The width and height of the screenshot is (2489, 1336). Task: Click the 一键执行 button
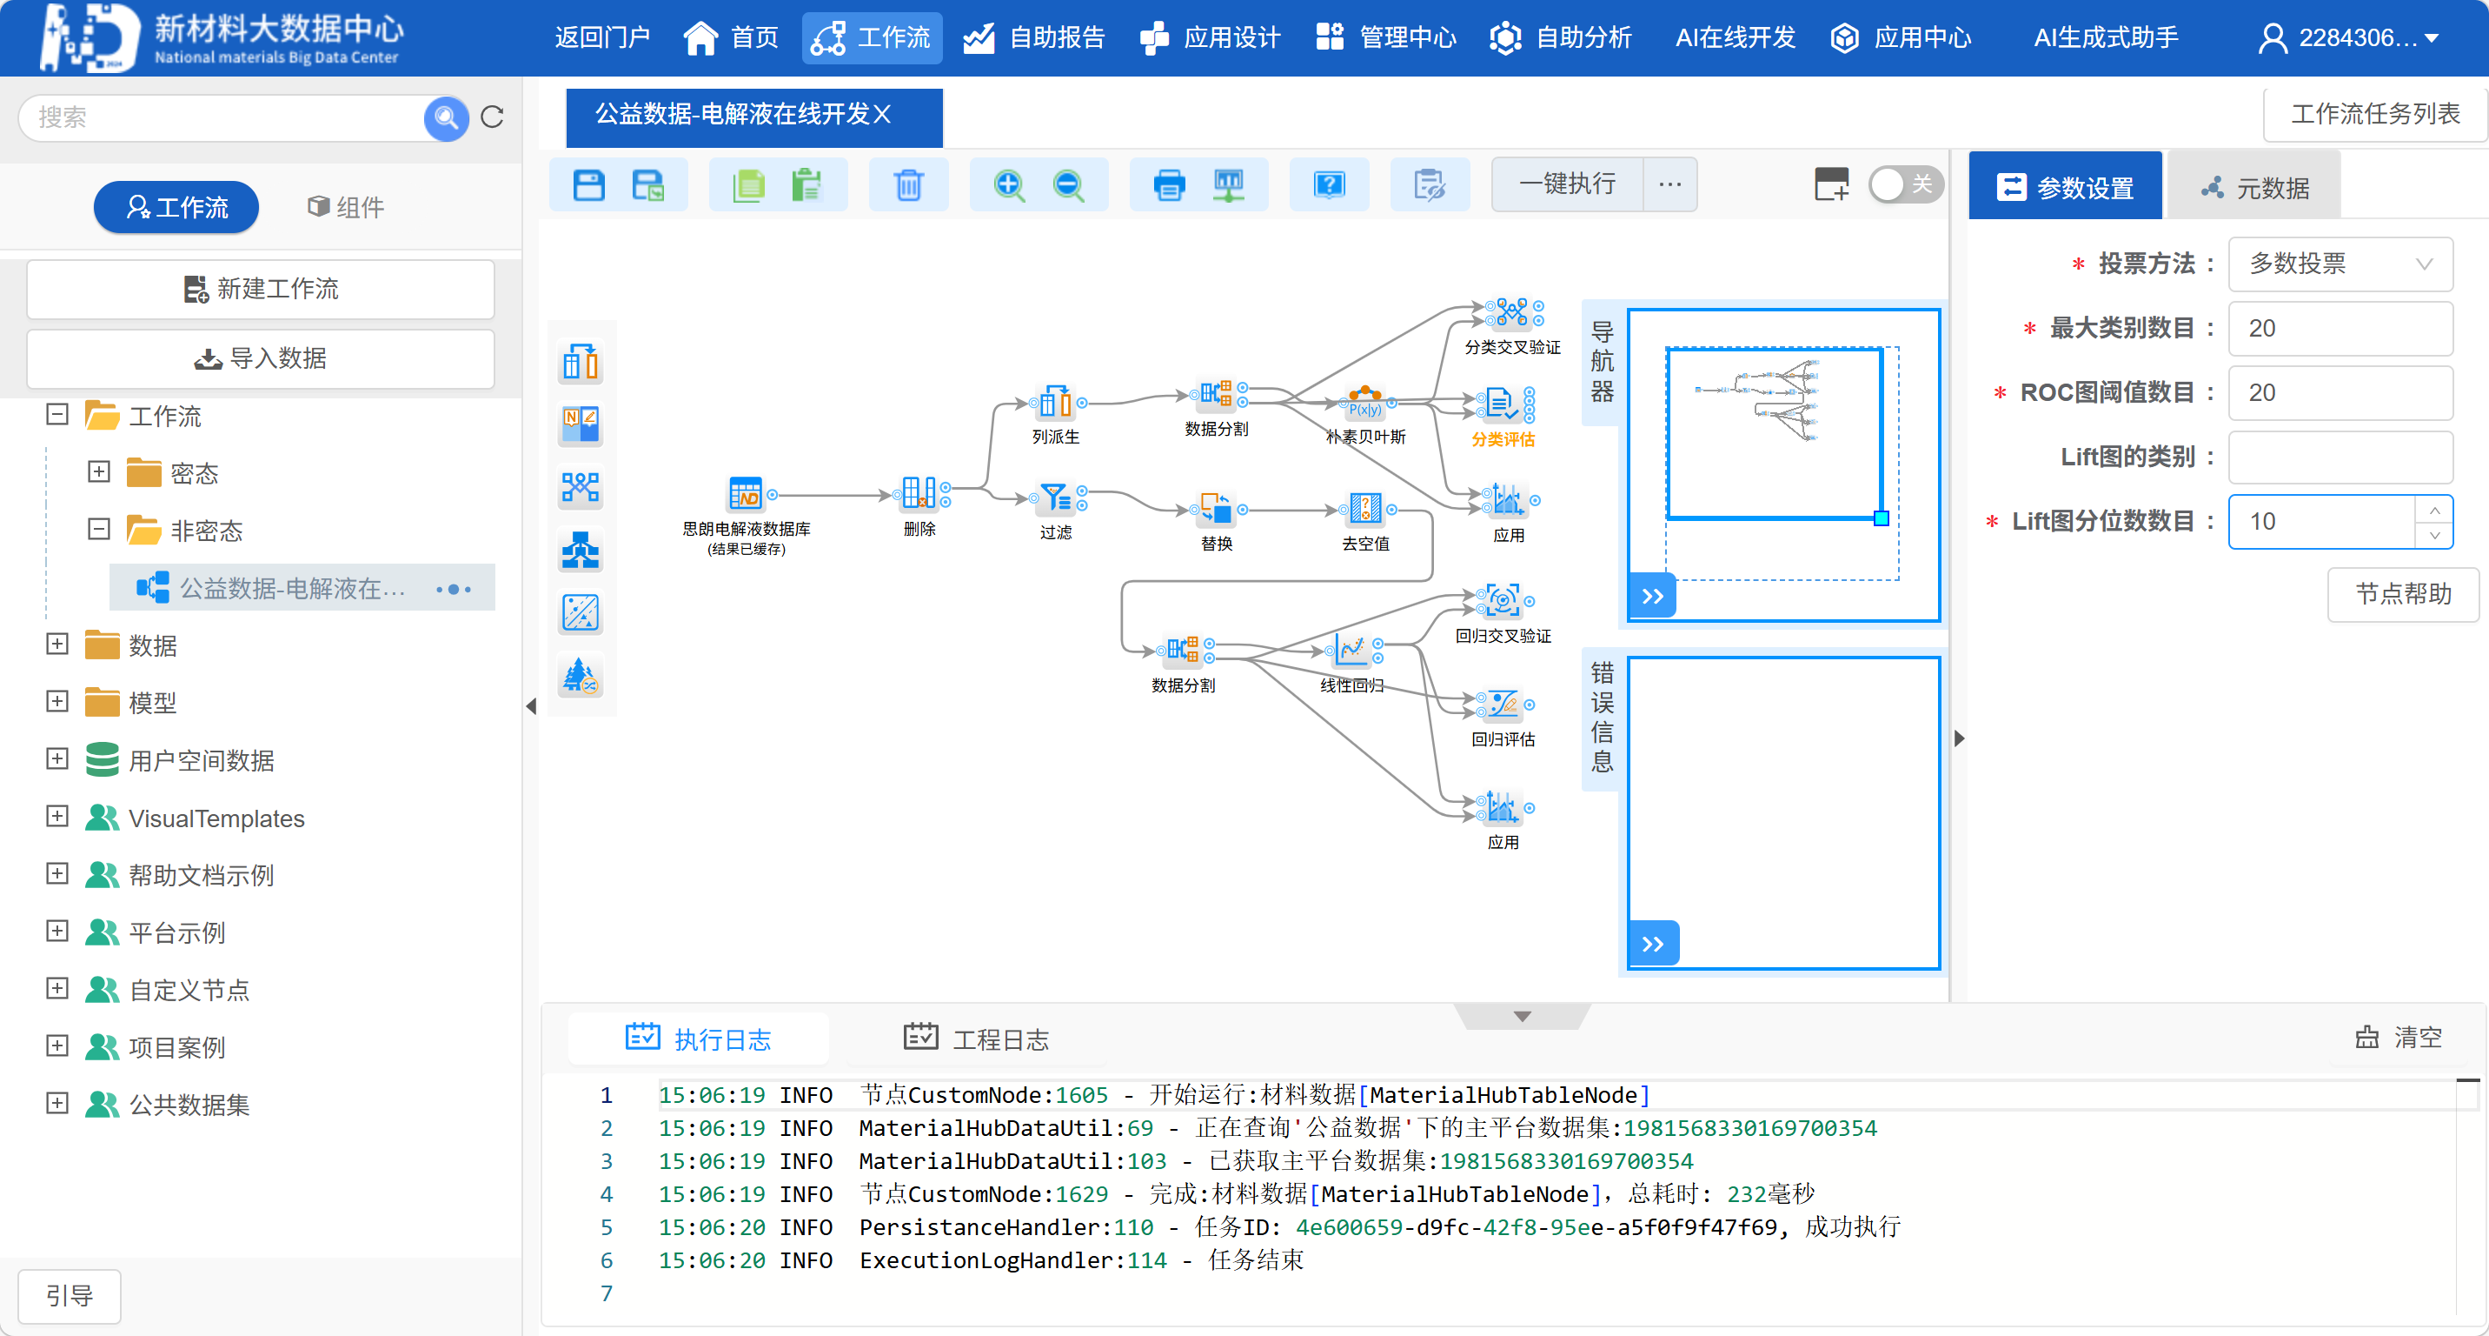click(x=1566, y=184)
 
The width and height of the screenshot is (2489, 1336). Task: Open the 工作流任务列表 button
click(x=2374, y=114)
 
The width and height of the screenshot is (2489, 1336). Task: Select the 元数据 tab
click(x=2254, y=188)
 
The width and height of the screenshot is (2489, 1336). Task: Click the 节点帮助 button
click(x=2402, y=593)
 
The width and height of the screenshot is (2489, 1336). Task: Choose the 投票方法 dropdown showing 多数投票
click(x=2340, y=264)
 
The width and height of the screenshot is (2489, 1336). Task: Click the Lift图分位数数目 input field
click(x=2321, y=522)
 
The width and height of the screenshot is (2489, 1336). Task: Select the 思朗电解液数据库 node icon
click(x=745, y=494)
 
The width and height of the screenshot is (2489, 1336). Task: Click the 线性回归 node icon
click(x=1351, y=651)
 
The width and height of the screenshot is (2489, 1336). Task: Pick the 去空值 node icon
click(x=1364, y=508)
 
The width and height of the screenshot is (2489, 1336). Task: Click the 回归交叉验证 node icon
click(x=1503, y=601)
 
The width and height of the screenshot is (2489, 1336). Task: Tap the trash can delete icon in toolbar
click(x=908, y=184)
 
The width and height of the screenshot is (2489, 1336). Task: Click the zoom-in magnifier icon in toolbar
click(x=1009, y=184)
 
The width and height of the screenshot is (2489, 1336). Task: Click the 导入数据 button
click(x=261, y=358)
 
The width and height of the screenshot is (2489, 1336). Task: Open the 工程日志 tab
click(x=976, y=1039)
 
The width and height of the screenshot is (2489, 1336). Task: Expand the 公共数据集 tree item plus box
click(x=58, y=1103)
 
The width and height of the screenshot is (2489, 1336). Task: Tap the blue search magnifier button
click(x=446, y=118)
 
